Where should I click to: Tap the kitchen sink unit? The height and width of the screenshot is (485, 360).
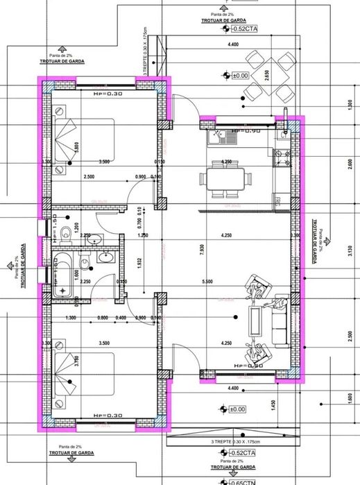pyautogui.click(x=221, y=137)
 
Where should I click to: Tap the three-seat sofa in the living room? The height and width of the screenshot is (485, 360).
pyautogui.click(x=281, y=321)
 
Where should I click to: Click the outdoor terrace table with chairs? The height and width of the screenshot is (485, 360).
pyautogui.click(x=268, y=76)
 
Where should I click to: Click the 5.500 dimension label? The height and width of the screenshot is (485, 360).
pyautogui.click(x=226, y=281)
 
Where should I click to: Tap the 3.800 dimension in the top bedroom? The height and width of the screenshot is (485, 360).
pyautogui.click(x=76, y=148)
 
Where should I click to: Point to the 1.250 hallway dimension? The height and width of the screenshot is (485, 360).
pyautogui.click(x=143, y=235)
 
